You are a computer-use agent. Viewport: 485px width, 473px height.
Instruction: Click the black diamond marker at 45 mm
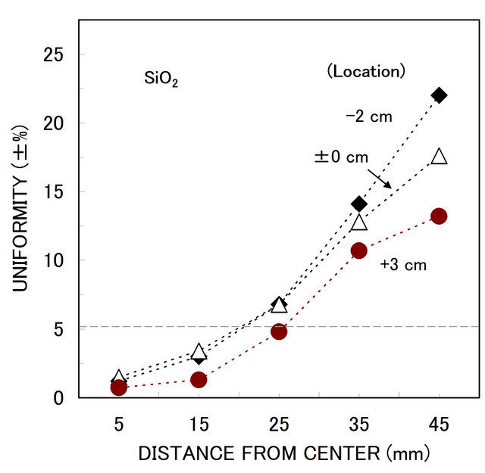click(439, 95)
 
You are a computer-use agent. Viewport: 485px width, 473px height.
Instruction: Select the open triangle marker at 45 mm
click(440, 157)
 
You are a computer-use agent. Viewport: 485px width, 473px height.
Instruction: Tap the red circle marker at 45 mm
click(439, 216)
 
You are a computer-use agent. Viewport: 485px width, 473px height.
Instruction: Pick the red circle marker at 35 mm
click(359, 251)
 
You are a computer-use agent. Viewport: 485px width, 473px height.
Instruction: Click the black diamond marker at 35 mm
click(359, 204)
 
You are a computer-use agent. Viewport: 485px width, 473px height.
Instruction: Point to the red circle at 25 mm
click(279, 331)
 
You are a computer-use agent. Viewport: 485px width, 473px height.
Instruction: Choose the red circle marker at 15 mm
click(199, 379)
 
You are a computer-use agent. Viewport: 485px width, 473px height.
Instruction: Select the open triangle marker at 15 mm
click(199, 352)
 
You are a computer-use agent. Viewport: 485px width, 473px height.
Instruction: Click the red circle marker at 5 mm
click(119, 387)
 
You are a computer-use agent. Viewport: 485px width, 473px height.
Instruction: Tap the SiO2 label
click(161, 79)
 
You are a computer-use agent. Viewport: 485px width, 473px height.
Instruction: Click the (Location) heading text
click(366, 72)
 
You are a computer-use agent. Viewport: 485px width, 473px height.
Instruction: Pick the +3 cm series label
click(403, 265)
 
